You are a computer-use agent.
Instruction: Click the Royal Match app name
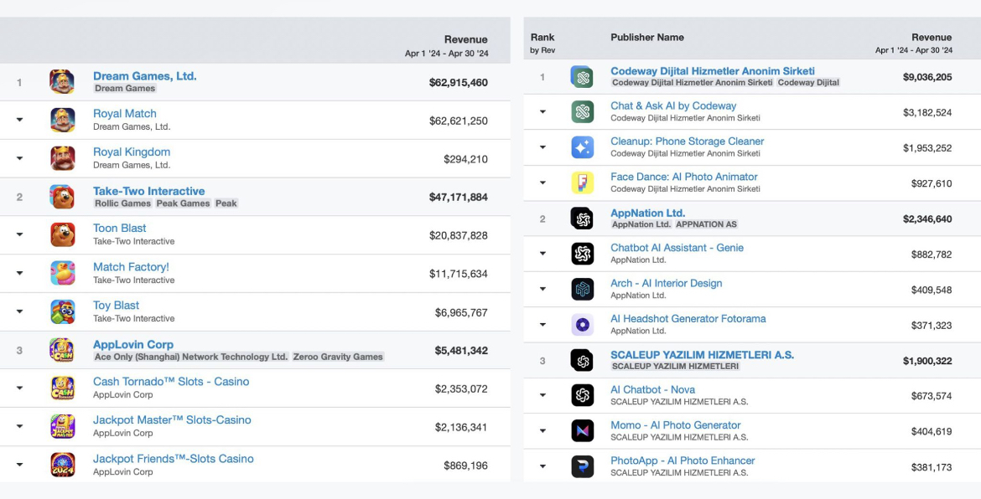124,114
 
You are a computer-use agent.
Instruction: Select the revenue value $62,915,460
458,82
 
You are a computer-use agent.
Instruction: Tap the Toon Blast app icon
63,234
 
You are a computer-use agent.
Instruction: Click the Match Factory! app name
131,267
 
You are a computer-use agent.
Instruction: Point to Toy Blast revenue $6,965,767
461,312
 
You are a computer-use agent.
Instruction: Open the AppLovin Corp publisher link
133,345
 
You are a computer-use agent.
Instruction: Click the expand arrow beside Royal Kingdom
19,158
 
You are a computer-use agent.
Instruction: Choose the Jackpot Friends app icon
63,465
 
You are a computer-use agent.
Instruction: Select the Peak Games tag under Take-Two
183,203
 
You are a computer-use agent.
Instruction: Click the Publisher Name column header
647,38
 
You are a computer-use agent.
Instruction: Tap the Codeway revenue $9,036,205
927,77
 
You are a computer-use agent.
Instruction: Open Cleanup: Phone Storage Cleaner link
687,141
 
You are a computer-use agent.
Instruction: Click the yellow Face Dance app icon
583,183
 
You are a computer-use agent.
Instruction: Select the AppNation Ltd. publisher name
647,213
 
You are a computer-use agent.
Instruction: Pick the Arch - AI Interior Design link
667,284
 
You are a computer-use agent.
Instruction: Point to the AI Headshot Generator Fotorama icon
583,325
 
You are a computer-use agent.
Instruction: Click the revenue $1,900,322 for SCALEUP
927,361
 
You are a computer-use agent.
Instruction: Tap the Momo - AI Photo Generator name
676,425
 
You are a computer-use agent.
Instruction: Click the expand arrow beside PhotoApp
542,466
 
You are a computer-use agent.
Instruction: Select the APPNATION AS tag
706,224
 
